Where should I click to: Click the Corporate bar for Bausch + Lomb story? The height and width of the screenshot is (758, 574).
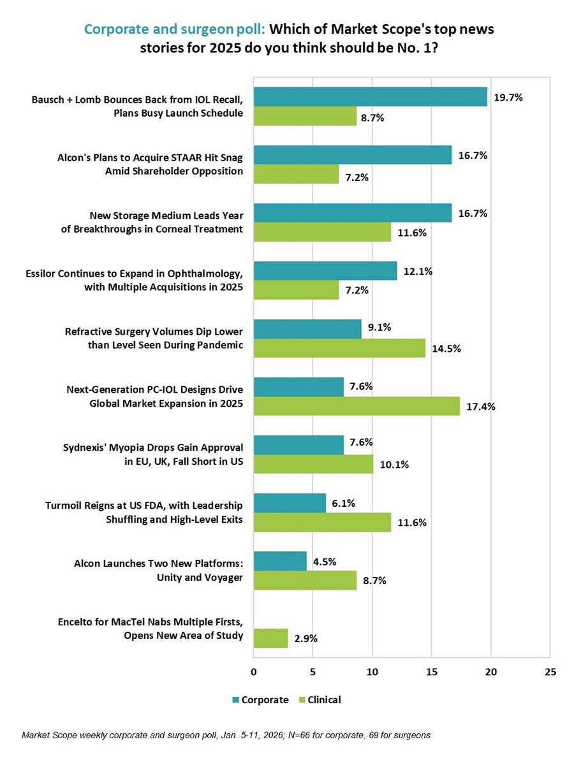370,97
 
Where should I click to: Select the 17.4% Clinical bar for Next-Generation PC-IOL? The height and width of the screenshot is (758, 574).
356,406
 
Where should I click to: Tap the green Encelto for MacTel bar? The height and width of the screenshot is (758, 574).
270,638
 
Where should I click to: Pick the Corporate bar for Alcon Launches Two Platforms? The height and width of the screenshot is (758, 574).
280,561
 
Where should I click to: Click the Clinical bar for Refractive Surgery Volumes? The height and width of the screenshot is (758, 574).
339,348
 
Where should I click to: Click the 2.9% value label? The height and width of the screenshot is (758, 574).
305,638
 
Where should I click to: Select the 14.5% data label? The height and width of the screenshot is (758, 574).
446,349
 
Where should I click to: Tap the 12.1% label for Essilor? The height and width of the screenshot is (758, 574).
418,272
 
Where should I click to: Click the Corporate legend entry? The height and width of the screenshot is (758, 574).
260,699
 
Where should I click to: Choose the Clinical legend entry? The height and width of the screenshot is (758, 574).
320,699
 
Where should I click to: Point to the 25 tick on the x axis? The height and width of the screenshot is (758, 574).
550,671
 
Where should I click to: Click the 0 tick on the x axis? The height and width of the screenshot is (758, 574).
254,671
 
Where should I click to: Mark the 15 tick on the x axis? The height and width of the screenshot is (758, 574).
432,671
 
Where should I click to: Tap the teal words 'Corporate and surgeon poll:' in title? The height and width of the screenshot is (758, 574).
175,29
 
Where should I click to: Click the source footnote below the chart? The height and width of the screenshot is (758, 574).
226,735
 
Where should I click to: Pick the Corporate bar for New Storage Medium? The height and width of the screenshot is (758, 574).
353,213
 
